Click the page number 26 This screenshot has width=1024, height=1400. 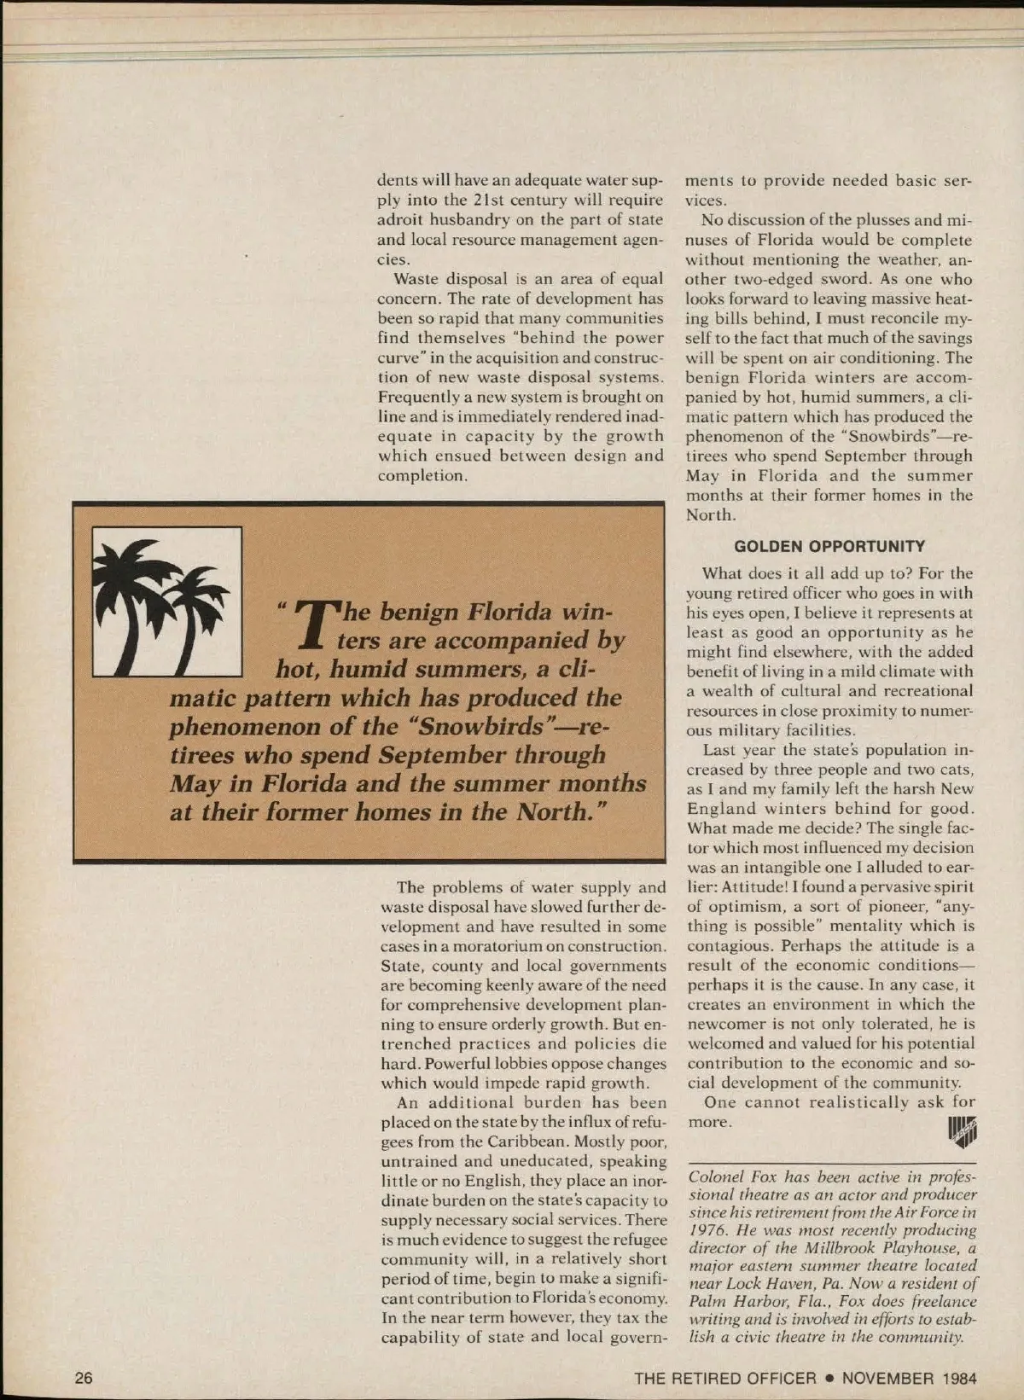(84, 1378)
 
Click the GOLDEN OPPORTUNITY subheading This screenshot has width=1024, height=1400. (829, 546)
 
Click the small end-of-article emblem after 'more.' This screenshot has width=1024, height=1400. (962, 1130)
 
